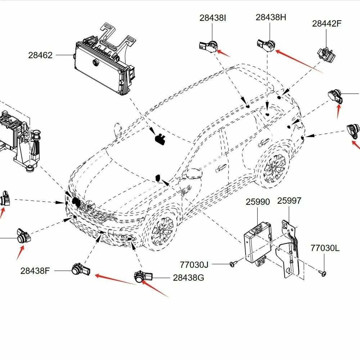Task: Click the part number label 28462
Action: [x=40, y=55]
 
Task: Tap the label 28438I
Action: [x=213, y=18]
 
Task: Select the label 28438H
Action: [x=271, y=17]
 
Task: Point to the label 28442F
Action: [x=327, y=23]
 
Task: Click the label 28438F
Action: [x=35, y=271]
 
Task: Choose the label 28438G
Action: [x=188, y=278]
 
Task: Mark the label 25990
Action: [x=258, y=202]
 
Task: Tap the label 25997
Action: [x=289, y=201]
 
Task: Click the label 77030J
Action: [x=194, y=265]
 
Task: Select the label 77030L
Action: [x=325, y=248]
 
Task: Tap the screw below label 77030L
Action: [x=323, y=273]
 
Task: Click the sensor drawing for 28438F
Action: [x=81, y=270]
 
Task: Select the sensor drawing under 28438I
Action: [x=208, y=46]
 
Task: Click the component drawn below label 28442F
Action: [x=326, y=54]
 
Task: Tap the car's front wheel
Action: [x=162, y=230]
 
